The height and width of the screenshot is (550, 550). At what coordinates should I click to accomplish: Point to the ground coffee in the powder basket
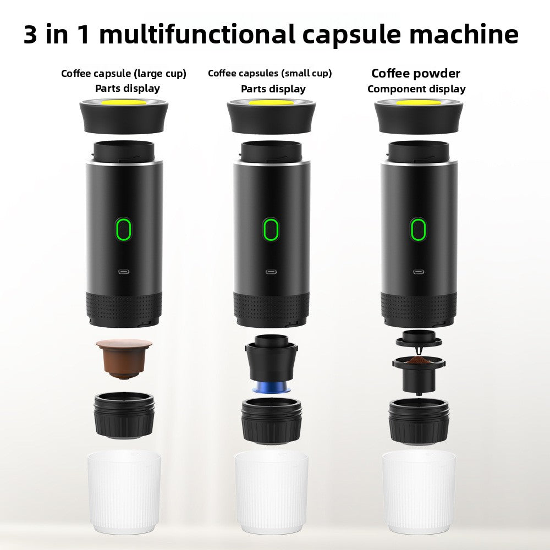click(x=419, y=360)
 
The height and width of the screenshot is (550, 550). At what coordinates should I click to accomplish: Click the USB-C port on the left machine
click(x=124, y=272)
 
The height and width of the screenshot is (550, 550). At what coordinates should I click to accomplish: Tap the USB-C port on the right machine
click(x=419, y=272)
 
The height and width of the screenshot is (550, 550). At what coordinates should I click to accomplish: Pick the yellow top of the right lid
click(x=419, y=102)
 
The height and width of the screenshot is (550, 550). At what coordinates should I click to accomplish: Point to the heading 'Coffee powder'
click(x=416, y=73)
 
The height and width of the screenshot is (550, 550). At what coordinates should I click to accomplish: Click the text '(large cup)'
click(x=161, y=73)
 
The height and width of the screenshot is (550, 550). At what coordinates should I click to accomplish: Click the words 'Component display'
click(x=416, y=89)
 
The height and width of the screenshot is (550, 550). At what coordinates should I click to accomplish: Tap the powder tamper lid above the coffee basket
click(x=419, y=338)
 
